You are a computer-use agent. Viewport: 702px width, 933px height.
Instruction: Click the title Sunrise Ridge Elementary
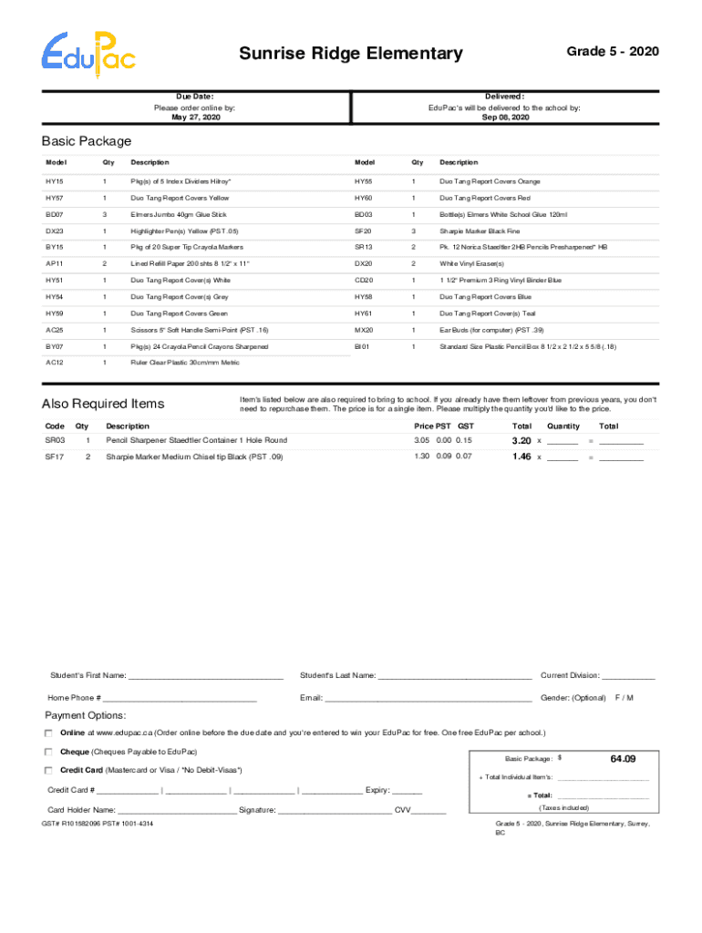pyautogui.click(x=351, y=55)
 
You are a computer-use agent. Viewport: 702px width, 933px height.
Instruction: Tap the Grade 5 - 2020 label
pyautogui.click(x=613, y=51)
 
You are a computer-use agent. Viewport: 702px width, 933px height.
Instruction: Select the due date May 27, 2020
pyautogui.click(x=195, y=118)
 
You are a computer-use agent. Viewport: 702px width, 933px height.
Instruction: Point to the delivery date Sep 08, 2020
pyautogui.click(x=504, y=118)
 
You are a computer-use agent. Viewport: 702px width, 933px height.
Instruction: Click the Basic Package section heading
pyautogui.click(x=87, y=141)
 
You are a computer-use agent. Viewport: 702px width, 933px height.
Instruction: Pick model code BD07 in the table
pyautogui.click(x=55, y=214)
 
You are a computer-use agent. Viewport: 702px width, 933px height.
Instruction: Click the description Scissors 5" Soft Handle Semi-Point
pyautogui.click(x=199, y=329)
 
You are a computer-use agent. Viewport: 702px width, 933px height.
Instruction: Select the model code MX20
pyautogui.click(x=364, y=329)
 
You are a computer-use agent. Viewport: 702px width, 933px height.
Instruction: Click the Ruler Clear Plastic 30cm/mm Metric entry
pyautogui.click(x=185, y=362)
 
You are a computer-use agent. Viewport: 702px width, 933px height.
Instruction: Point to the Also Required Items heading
pyautogui.click(x=103, y=405)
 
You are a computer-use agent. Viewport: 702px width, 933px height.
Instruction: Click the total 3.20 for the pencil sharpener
pyautogui.click(x=521, y=441)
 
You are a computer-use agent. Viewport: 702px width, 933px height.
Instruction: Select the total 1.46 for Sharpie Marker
pyautogui.click(x=521, y=456)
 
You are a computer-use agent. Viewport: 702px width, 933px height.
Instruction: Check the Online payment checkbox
pyautogui.click(x=49, y=733)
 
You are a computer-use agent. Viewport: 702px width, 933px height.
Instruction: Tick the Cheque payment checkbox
pyautogui.click(x=49, y=752)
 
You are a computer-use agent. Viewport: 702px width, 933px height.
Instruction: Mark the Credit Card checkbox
pyautogui.click(x=49, y=770)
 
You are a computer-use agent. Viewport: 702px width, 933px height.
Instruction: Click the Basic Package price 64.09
pyautogui.click(x=624, y=759)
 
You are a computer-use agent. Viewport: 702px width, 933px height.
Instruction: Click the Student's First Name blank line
pyautogui.click(x=206, y=677)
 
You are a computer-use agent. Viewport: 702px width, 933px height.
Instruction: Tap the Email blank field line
pyautogui.click(x=428, y=699)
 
